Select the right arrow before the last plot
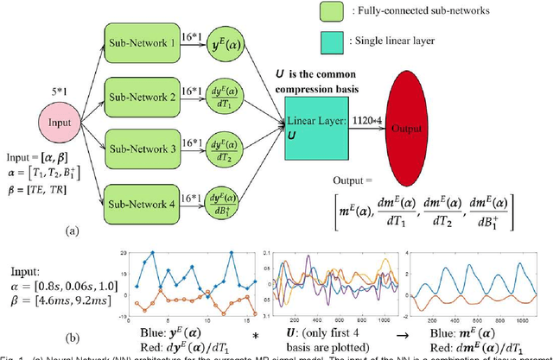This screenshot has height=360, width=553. [391, 332]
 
